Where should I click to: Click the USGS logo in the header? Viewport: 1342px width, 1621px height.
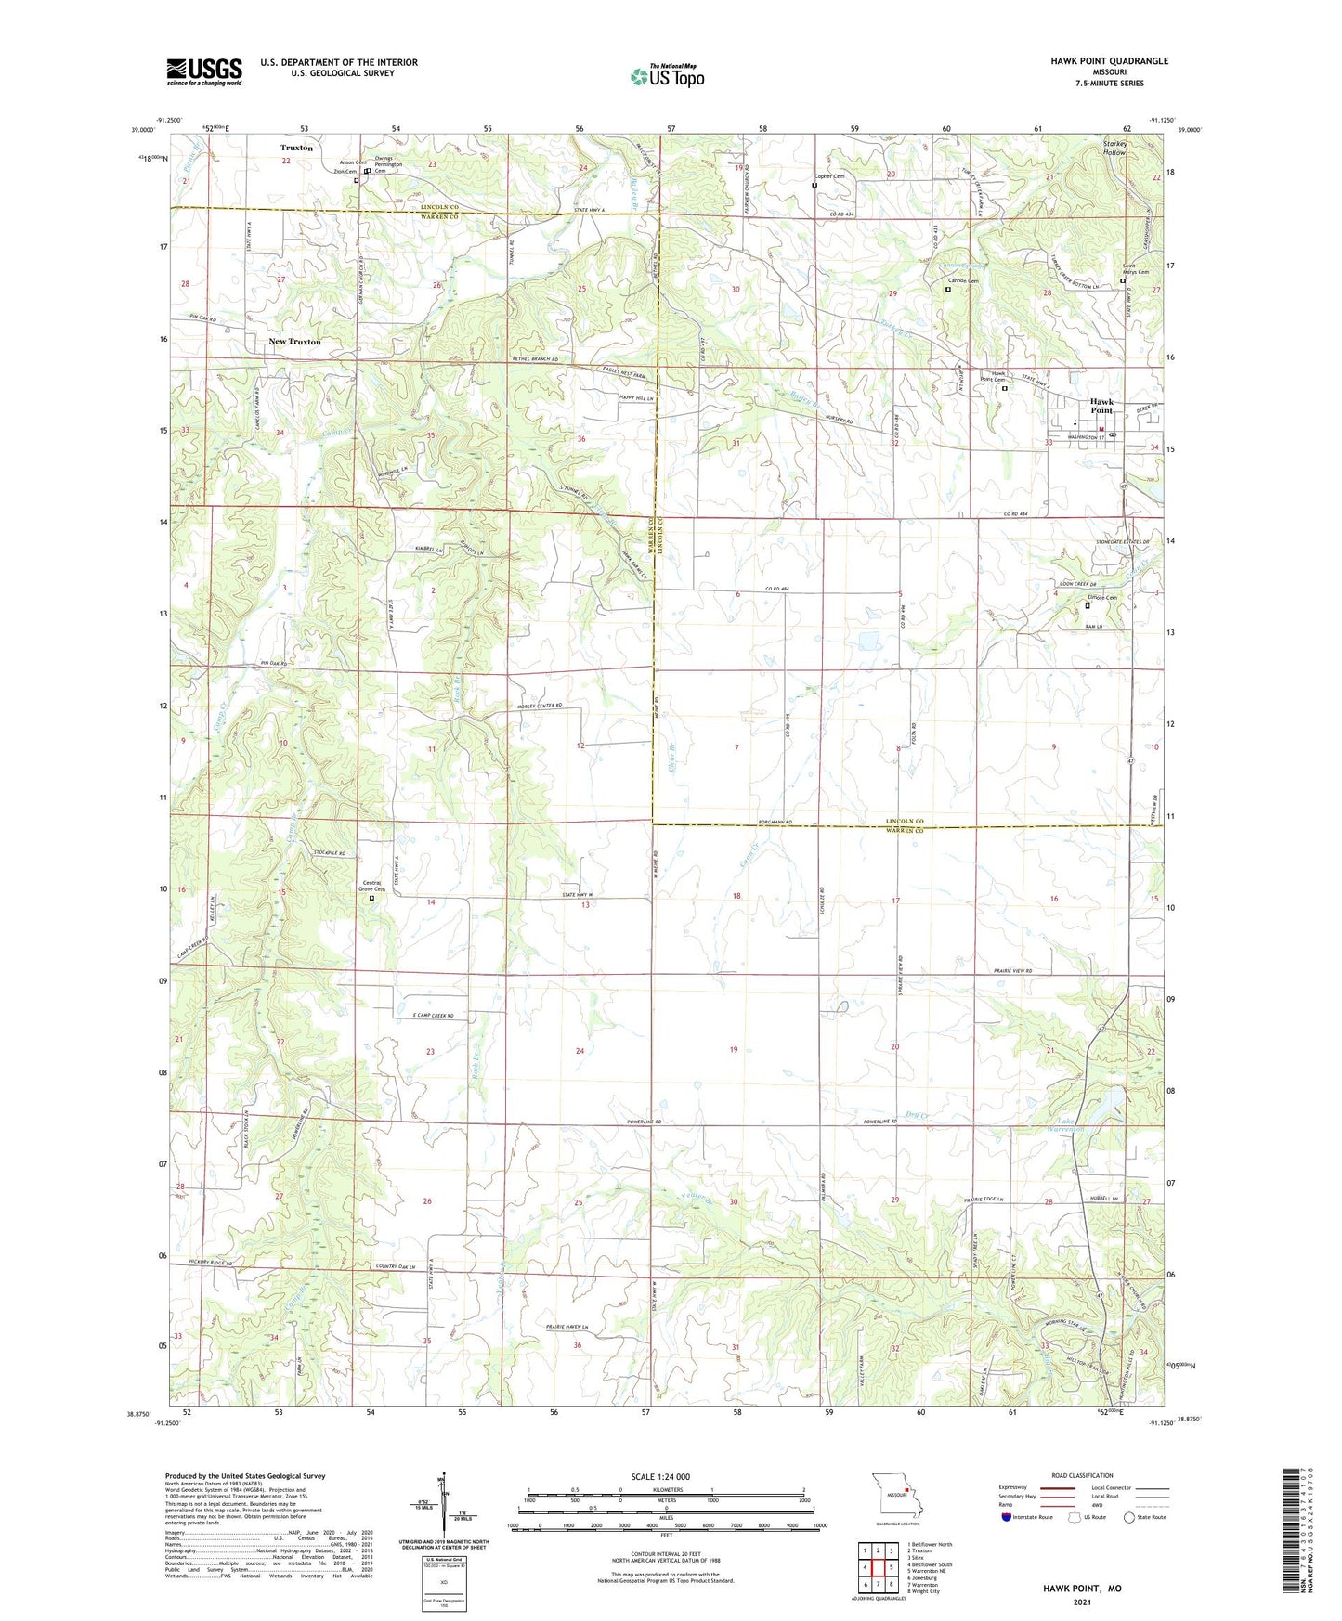[x=203, y=71]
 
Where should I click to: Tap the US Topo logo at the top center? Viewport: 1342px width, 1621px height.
[x=666, y=76]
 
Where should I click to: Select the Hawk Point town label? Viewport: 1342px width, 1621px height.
[x=1101, y=406]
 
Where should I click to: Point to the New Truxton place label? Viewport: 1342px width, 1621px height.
[x=294, y=342]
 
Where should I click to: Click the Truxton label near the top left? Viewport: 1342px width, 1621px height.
[x=296, y=148]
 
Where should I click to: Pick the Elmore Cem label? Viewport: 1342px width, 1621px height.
[x=1101, y=598]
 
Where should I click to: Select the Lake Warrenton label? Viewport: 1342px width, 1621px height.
[x=1065, y=1125]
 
